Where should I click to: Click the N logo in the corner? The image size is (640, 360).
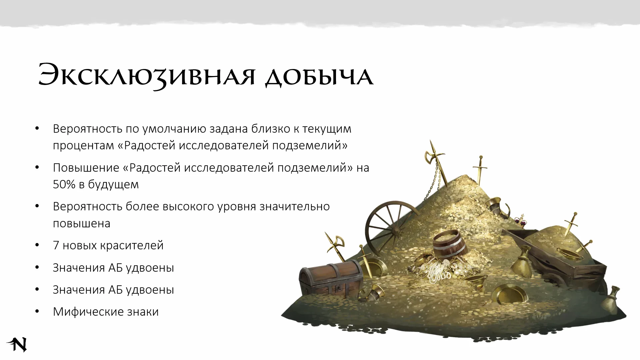coord(17,344)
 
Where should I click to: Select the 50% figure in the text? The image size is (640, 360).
coord(64,184)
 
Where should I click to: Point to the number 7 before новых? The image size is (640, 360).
coord(56,245)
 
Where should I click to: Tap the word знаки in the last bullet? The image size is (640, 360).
coord(143,312)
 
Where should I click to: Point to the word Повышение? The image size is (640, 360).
coord(86,168)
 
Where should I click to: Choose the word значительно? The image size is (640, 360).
coord(295,207)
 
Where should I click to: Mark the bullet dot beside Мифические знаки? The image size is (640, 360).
coord(37,312)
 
